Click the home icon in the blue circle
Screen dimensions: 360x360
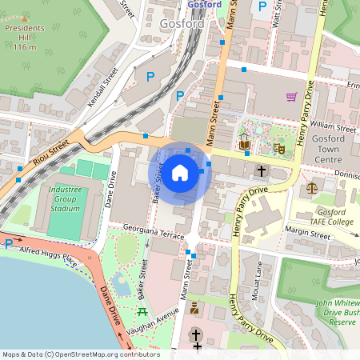click(x=180, y=173)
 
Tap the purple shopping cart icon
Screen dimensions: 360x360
click(x=292, y=97)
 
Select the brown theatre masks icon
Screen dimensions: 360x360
click(x=279, y=146)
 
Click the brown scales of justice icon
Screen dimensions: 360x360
click(x=311, y=186)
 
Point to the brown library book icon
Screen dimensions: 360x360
click(x=245, y=144)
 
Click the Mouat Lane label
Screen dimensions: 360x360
click(x=259, y=286)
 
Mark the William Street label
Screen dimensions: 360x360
click(x=334, y=126)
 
